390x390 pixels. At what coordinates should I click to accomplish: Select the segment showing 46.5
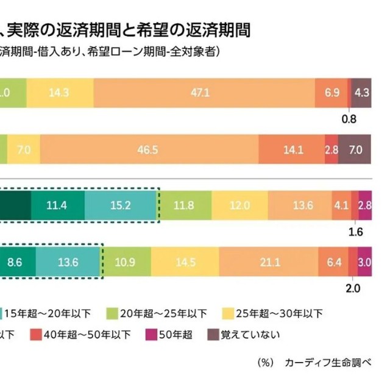pyautogui.click(x=149, y=149)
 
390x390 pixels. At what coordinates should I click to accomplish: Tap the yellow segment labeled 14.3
pyautogui.click(x=60, y=93)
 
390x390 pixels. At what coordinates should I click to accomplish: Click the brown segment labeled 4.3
pyautogui.click(x=361, y=93)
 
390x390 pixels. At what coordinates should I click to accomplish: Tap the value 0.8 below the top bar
pyautogui.click(x=349, y=119)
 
